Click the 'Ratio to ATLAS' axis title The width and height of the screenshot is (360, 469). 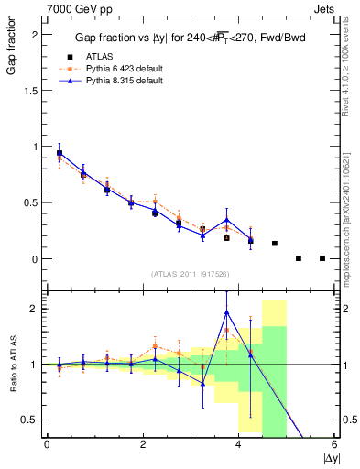pos(12,367)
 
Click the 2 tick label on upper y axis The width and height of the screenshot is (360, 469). pos(35,34)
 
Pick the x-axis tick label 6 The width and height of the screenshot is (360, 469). pos(335,444)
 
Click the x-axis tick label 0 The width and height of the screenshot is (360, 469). pos(47,444)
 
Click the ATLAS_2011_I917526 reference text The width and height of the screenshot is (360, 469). pos(191,273)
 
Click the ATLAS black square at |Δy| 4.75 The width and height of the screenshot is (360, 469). pos(275,244)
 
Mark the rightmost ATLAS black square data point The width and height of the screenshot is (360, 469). pos(322,258)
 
